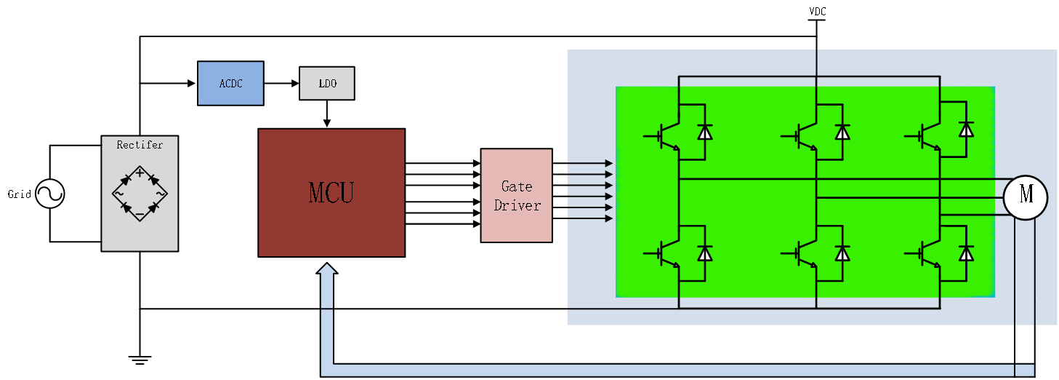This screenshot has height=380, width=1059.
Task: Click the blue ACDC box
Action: [x=230, y=83]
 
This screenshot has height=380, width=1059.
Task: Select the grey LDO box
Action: [x=327, y=83]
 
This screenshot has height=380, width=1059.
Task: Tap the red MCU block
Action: [x=331, y=193]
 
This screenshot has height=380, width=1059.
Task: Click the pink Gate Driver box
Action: [x=516, y=195]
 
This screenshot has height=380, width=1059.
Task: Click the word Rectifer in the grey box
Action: [x=140, y=145]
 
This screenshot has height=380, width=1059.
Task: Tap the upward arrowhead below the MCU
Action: [x=327, y=269]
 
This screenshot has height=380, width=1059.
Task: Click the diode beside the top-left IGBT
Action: [x=704, y=132]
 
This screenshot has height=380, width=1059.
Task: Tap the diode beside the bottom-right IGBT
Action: [x=966, y=253]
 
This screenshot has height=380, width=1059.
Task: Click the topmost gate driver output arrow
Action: [x=589, y=163]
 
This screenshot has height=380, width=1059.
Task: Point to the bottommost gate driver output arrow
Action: [x=589, y=218]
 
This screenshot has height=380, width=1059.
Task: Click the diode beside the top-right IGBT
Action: [x=966, y=130]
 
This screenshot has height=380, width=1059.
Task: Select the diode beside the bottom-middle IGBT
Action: [x=842, y=253]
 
